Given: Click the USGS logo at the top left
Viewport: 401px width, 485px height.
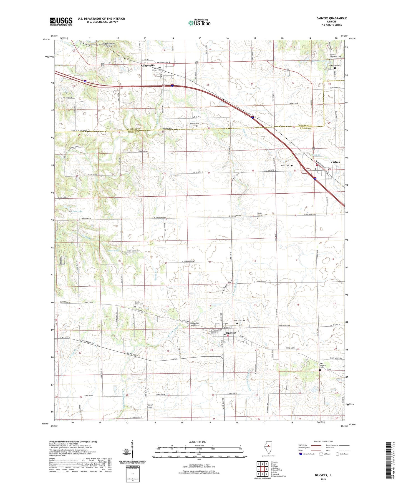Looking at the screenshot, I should pyautogui.click(x=61, y=21).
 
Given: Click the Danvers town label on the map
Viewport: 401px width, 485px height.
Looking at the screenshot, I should pyautogui.click(x=231, y=333).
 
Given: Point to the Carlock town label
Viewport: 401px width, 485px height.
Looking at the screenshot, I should pyautogui.click(x=336, y=162).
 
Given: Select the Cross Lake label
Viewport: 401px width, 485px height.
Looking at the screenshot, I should pyautogui.click(x=76, y=211).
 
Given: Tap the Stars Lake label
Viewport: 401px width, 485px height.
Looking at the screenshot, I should pyautogui.click(x=113, y=251).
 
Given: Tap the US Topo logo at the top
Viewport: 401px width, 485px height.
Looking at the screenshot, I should pyautogui.click(x=199, y=23).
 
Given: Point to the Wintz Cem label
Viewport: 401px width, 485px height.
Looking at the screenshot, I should pyautogui.click(x=285, y=166).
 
